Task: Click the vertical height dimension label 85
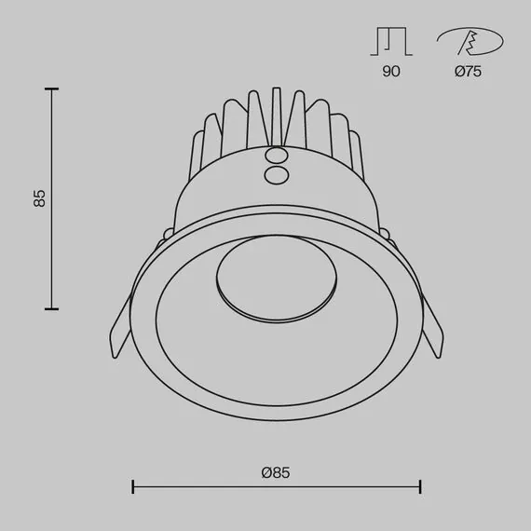click(39, 198)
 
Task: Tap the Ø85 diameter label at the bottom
click(276, 472)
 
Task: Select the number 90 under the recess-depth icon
click(391, 72)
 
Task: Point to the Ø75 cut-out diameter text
click(469, 72)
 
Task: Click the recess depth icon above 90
click(391, 42)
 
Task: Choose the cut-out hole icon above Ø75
click(470, 42)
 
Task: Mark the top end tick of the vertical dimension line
click(51, 88)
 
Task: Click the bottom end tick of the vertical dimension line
click(51, 308)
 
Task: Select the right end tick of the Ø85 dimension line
click(421, 486)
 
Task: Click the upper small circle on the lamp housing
click(276, 157)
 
